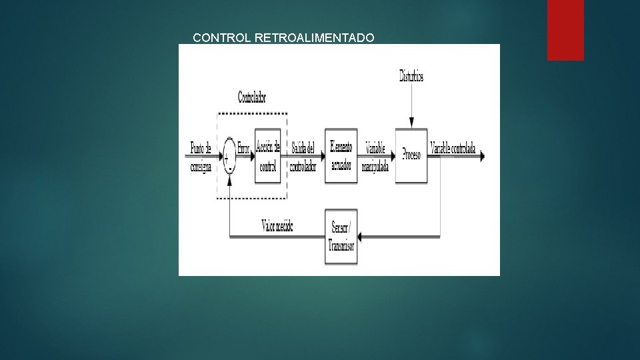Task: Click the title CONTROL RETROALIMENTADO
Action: point(283,38)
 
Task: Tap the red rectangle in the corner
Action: point(565,29)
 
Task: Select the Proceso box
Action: point(412,155)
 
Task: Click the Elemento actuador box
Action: point(341,155)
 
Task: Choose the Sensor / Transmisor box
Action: point(341,237)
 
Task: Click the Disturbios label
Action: point(411,76)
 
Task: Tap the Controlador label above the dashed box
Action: point(251,97)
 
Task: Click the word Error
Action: point(243,149)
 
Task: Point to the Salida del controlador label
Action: point(303,156)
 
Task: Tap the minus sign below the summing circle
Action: point(230,169)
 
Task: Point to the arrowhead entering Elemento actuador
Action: point(322,156)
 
